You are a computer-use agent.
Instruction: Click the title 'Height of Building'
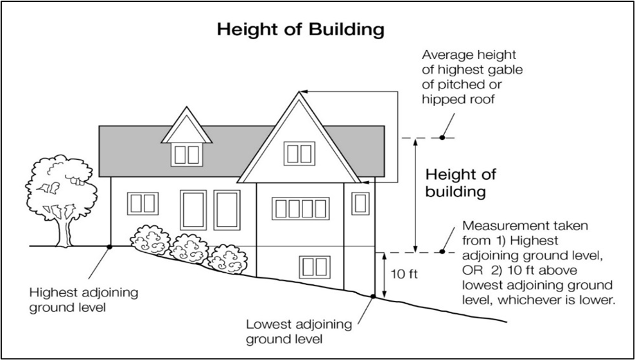pyautogui.click(x=300, y=30)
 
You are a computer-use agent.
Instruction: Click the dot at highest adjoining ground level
pyautogui.click(x=110, y=246)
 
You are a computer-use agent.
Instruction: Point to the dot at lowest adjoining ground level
pyautogui.click(x=372, y=296)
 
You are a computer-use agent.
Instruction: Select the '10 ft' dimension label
pyautogui.click(x=404, y=274)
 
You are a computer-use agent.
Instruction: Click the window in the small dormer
pyautogui.click(x=187, y=154)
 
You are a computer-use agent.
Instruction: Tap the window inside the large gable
pyautogui.click(x=300, y=153)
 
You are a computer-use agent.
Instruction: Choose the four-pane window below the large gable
pyautogui.click(x=300, y=209)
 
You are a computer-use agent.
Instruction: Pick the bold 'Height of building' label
pyautogui.click(x=461, y=183)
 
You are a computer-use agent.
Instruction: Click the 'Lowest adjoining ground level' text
pyautogui.click(x=299, y=331)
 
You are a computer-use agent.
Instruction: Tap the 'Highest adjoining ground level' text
pyautogui.click(x=83, y=300)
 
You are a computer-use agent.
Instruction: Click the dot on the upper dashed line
pyautogui.click(x=442, y=137)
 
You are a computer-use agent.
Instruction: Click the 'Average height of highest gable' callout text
pyautogui.click(x=469, y=77)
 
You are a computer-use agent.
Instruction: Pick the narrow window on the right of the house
pyautogui.click(x=361, y=203)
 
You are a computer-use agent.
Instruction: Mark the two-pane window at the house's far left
pyautogui.click(x=141, y=203)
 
